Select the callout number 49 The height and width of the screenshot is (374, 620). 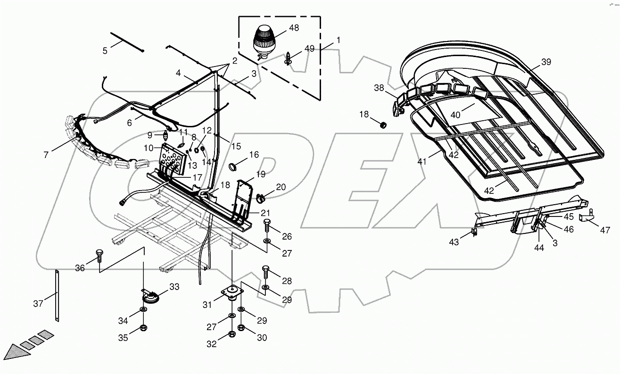pos(309,49)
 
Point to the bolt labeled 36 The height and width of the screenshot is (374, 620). pos(99,255)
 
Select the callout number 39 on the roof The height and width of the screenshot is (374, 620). pos(546,62)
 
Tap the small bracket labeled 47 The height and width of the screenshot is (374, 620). pos(586,218)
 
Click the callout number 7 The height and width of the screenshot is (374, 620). pos(46,154)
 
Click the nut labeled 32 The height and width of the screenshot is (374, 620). pos(231,334)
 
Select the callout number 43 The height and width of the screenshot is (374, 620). pos(453,242)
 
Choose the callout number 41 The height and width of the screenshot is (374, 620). pos(422,161)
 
